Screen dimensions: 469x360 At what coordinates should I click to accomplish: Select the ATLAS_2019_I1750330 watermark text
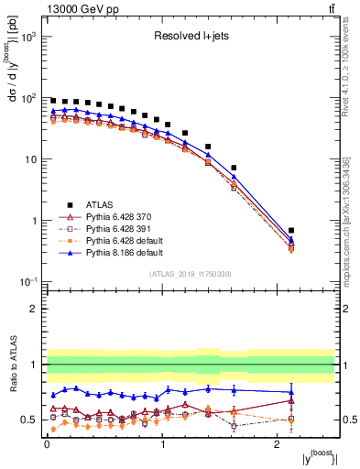[191, 274]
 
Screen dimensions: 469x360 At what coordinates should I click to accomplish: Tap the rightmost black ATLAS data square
[316, 231]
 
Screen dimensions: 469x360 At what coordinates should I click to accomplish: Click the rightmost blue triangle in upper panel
[316, 240]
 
